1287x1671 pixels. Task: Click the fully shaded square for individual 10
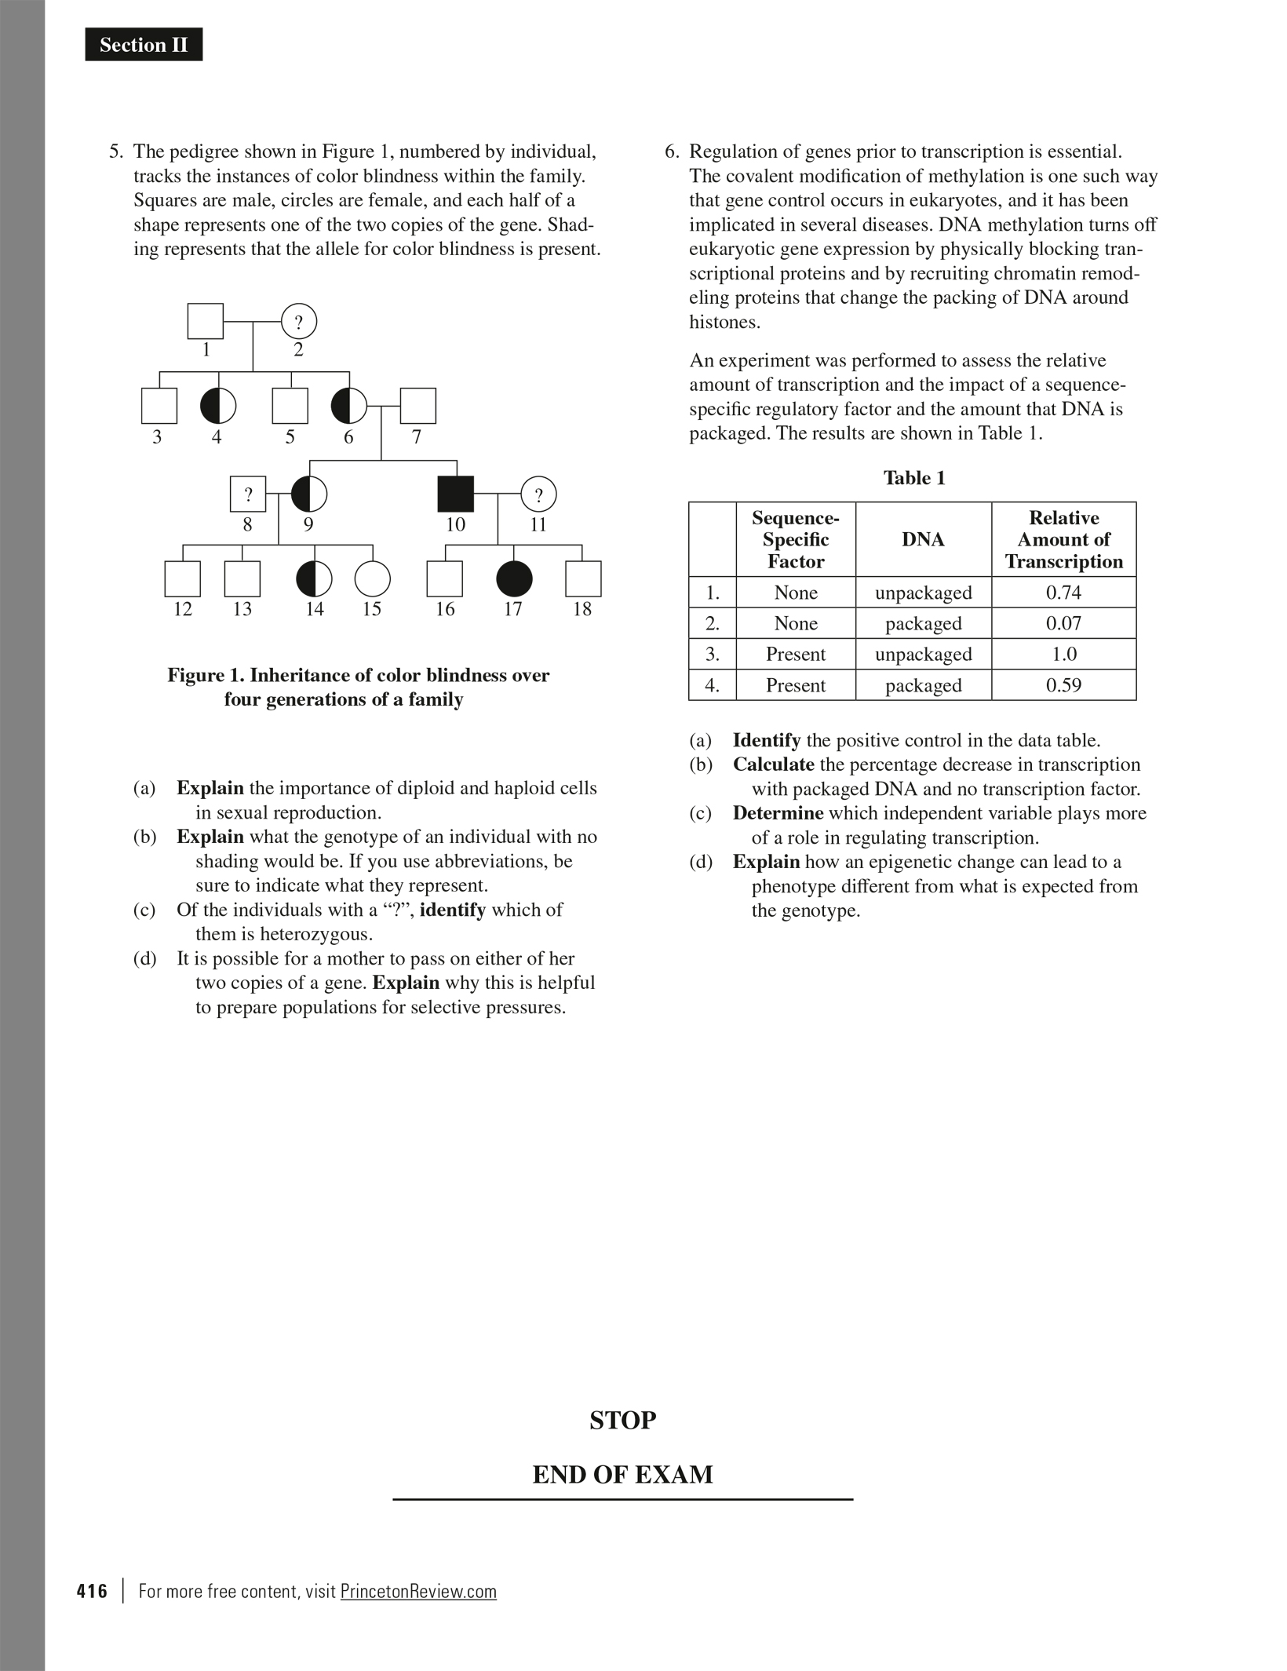pyautogui.click(x=455, y=494)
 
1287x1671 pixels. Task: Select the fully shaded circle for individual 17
pyautogui.click(x=514, y=579)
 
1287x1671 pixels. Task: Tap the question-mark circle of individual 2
pyautogui.click(x=299, y=322)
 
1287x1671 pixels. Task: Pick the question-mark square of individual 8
pyautogui.click(x=248, y=494)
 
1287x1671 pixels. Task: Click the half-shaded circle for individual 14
pyautogui.click(x=314, y=579)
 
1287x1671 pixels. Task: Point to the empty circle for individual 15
pyautogui.click(x=372, y=579)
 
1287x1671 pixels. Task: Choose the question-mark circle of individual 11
pyautogui.click(x=538, y=494)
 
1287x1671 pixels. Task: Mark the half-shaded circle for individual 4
pyautogui.click(x=218, y=406)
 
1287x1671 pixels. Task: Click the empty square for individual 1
pyautogui.click(x=206, y=321)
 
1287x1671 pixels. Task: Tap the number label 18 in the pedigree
pyautogui.click(x=582, y=609)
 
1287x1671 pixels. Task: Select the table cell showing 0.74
pyautogui.click(x=1063, y=593)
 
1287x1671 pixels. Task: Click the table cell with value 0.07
pyautogui.click(x=1063, y=623)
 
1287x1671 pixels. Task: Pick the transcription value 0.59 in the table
pyautogui.click(x=1063, y=685)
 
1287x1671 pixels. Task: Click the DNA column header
pyautogui.click(x=923, y=539)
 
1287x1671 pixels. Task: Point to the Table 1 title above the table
pyautogui.click(x=914, y=478)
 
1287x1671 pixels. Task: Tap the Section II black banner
pyautogui.click(x=144, y=45)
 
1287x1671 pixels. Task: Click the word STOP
pyautogui.click(x=622, y=1420)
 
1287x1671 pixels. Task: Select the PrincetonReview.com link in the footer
pyautogui.click(x=418, y=1591)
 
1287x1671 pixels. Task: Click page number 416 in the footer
pyautogui.click(x=92, y=1591)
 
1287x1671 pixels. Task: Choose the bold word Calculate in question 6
pyautogui.click(x=773, y=764)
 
